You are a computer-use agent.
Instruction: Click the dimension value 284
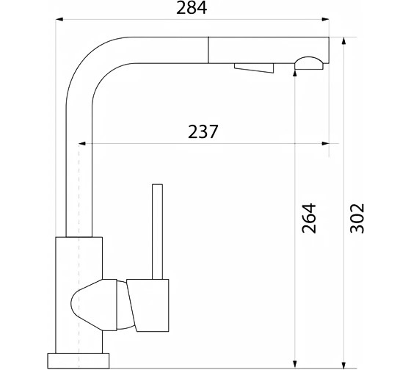[192, 8]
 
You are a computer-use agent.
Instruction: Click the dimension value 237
[203, 131]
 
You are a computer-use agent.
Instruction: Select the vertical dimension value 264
[309, 218]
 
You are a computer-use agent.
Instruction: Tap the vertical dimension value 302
[357, 218]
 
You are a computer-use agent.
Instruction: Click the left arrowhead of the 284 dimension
[59, 19]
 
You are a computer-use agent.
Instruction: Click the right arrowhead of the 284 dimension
[326, 19]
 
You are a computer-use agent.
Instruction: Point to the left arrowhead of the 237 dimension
[82, 143]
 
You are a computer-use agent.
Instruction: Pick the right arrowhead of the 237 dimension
[326, 143]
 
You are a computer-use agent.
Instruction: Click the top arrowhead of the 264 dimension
[295, 73]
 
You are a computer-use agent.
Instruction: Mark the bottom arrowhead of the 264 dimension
[295, 364]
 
